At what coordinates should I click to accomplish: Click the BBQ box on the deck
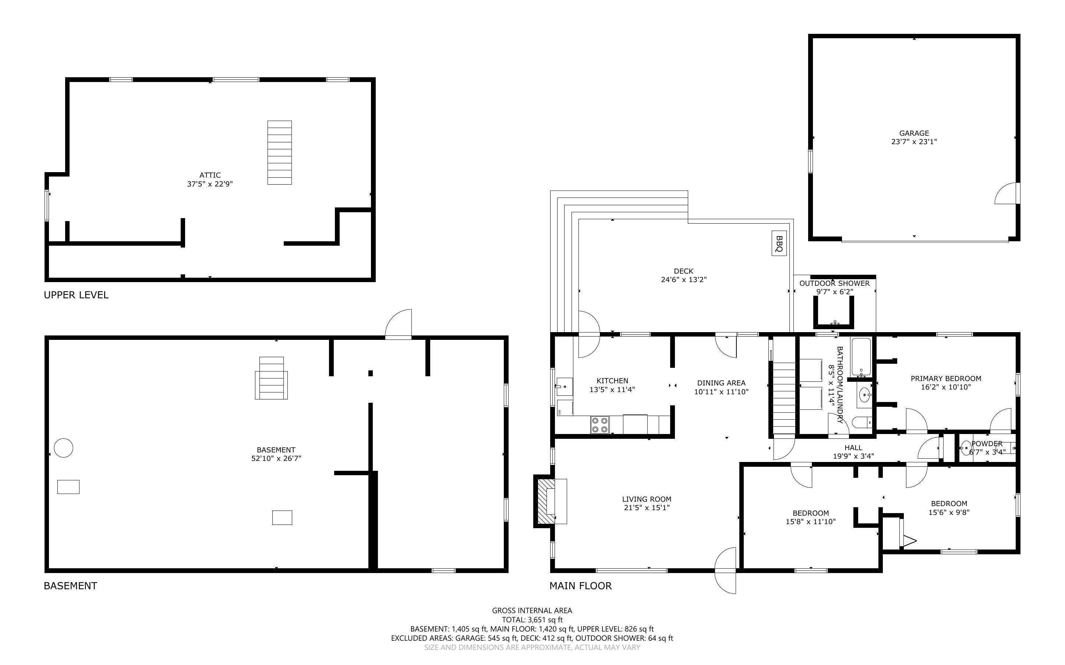(x=779, y=243)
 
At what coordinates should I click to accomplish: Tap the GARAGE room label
(x=914, y=133)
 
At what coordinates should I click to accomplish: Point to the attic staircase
(x=279, y=152)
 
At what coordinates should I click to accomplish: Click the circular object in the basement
(x=63, y=448)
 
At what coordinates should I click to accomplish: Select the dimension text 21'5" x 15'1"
(x=646, y=508)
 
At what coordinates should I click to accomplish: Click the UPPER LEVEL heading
(x=76, y=295)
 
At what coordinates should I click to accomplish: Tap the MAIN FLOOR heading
(x=580, y=586)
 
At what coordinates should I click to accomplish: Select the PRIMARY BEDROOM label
(x=945, y=378)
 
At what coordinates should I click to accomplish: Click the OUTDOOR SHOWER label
(x=834, y=283)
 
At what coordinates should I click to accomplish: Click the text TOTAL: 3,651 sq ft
(x=532, y=620)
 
